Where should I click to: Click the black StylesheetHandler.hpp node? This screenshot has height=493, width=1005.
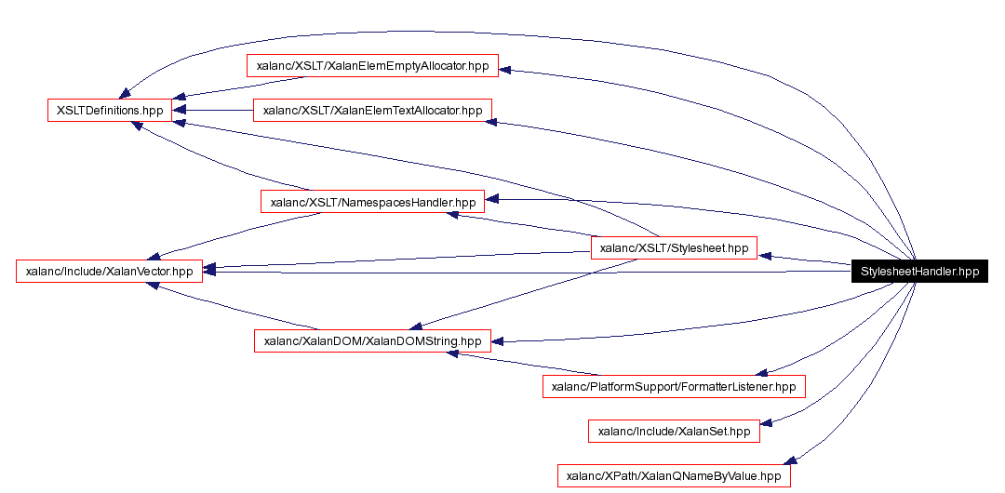tap(919, 272)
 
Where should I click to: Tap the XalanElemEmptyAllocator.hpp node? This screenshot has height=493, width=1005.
tap(372, 66)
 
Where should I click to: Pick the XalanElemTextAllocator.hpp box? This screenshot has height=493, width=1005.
tap(372, 110)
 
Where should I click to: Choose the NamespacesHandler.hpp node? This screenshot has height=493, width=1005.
tap(372, 201)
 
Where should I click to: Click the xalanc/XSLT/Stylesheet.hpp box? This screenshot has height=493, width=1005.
tap(675, 248)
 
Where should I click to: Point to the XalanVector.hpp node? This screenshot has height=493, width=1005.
tap(110, 272)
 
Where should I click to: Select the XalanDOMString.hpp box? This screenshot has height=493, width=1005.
tap(372, 340)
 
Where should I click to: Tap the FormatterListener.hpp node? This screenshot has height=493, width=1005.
tap(674, 386)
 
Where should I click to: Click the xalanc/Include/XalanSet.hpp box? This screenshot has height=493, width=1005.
tap(674, 431)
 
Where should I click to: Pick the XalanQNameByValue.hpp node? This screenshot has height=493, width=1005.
tap(674, 475)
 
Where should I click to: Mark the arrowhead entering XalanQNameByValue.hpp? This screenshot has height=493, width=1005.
tap(790, 460)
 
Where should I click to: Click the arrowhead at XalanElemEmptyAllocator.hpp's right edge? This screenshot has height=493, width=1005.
tap(506, 70)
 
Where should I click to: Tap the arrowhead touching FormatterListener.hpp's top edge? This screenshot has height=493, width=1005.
tap(761, 371)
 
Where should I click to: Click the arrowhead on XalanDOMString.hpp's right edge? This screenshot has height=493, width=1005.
tap(497, 341)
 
